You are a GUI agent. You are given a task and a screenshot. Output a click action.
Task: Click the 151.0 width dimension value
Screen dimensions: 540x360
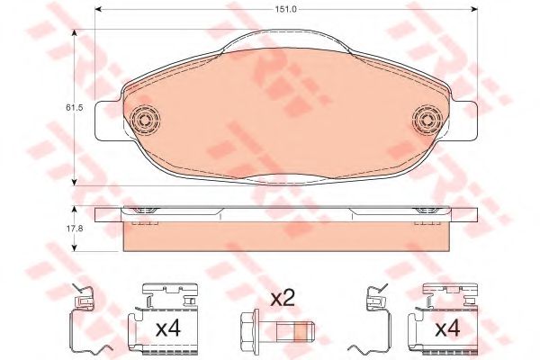tap(285, 9)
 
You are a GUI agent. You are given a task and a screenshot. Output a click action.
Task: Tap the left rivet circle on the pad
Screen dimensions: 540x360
tap(146, 121)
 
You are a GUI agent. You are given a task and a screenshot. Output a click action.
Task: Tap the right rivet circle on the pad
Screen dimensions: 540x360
tap(427, 121)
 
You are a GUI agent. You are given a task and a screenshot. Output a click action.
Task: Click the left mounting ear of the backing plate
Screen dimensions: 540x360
tap(108, 121)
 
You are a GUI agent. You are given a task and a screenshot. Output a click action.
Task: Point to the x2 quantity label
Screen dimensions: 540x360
tap(283, 298)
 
